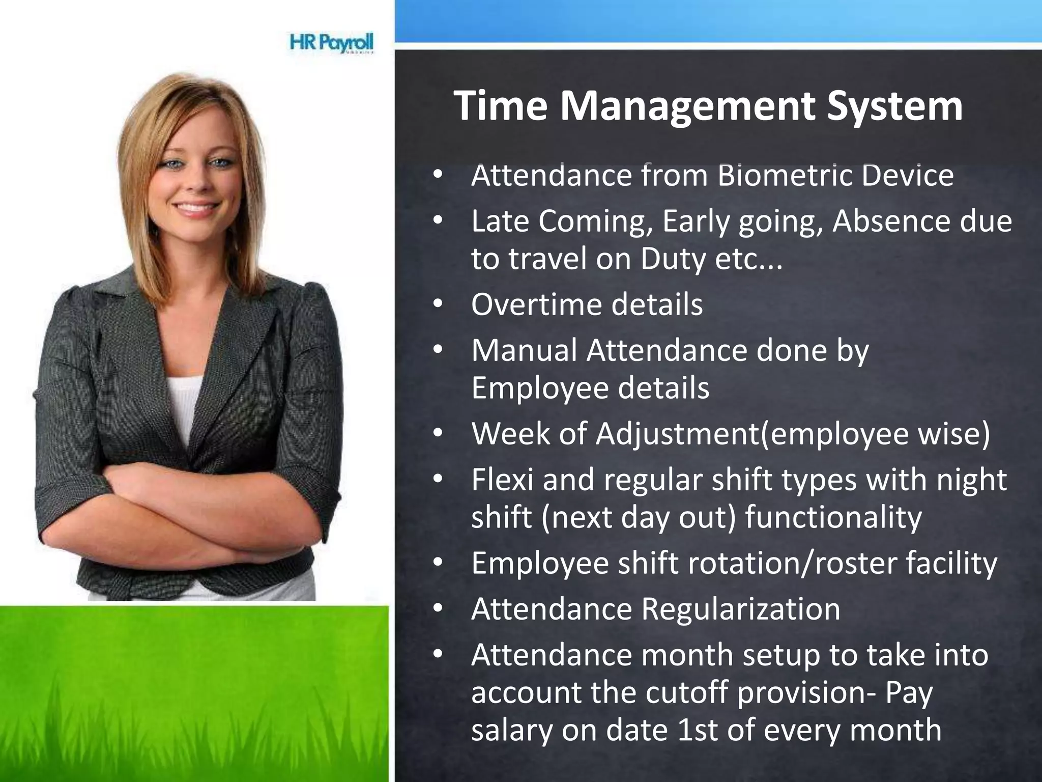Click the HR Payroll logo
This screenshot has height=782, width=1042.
(332, 43)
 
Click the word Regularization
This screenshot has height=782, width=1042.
(740, 609)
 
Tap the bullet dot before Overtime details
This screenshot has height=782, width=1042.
(438, 304)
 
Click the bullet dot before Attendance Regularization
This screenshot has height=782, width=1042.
(438, 609)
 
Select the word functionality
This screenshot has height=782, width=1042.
(833, 517)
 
